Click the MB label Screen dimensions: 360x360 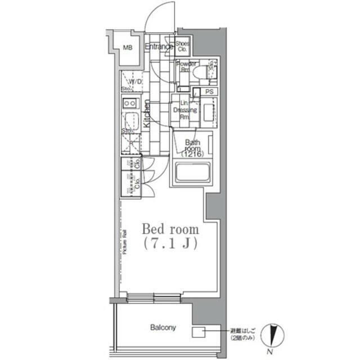tap(128, 47)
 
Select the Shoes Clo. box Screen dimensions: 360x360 tap(182, 47)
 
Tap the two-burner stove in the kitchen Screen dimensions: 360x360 tap(129, 103)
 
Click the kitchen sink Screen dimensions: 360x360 tap(130, 120)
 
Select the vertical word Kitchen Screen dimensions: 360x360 tap(146, 114)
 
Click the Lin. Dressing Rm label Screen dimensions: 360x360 tap(184, 110)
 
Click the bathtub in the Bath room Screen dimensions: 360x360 tap(192, 172)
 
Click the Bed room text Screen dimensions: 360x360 tap(170, 229)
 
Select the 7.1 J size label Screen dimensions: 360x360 tap(170, 245)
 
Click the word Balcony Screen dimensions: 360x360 tap(163, 327)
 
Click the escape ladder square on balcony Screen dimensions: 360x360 tap(199, 332)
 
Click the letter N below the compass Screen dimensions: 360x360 tap(271, 352)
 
